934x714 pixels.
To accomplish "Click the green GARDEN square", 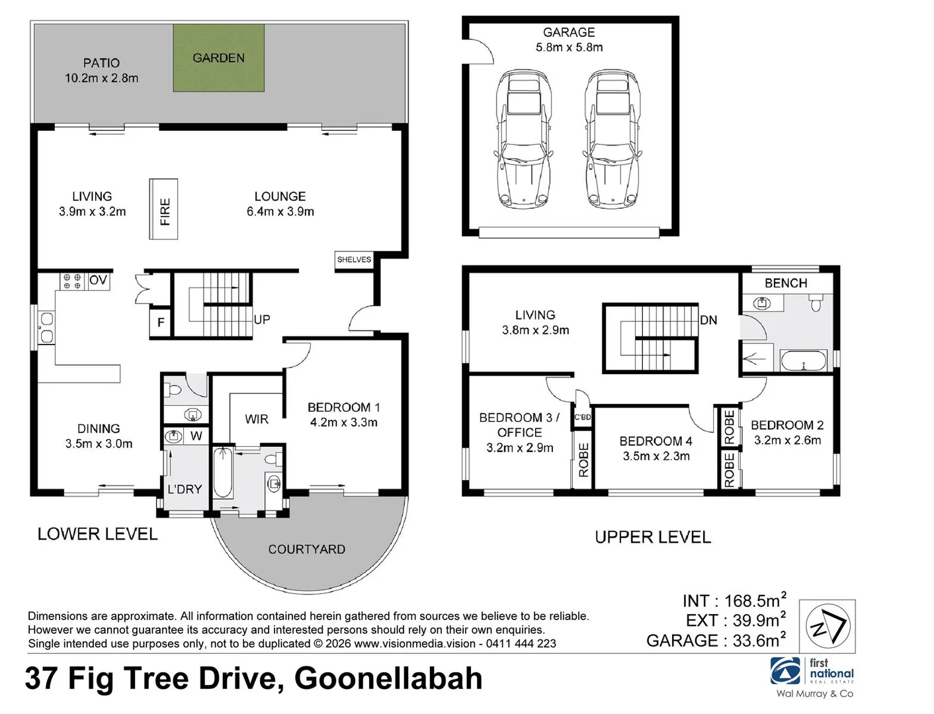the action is click(x=218, y=58).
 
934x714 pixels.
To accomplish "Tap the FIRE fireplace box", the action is click(x=163, y=209).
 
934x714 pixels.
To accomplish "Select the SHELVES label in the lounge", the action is click(x=354, y=259).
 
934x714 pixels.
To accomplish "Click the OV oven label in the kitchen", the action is click(x=99, y=280).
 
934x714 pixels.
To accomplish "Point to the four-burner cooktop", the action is click(x=72, y=282).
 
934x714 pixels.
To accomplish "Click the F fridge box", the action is click(x=161, y=323).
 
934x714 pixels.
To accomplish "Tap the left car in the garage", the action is click(x=523, y=139).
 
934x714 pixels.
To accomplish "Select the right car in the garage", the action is click(x=612, y=139).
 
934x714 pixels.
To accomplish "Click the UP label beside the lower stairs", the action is click(x=262, y=319).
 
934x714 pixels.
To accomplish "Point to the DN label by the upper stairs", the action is click(x=708, y=320).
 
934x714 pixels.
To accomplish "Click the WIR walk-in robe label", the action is click(x=257, y=419).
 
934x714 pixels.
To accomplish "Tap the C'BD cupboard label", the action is click(x=583, y=417).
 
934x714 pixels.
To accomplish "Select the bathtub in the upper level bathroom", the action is click(x=803, y=360).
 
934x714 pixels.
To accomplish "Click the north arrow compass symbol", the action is click(x=828, y=626).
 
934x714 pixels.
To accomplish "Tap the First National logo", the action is click(x=812, y=672).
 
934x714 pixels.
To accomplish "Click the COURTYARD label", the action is click(x=306, y=549).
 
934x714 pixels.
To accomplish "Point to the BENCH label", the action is click(x=785, y=283).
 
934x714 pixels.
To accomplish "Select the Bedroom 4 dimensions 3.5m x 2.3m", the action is click(x=656, y=456).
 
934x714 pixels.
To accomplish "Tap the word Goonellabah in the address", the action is click(x=388, y=679).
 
